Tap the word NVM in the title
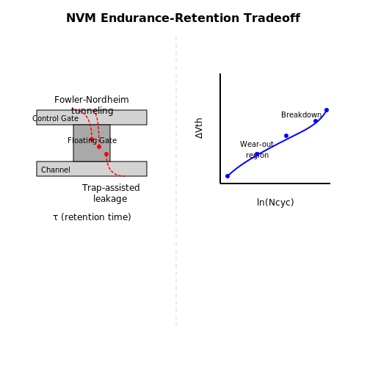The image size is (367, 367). tap(81, 18)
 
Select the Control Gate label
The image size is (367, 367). tap(56, 118)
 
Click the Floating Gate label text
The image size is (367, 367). tap(92, 140)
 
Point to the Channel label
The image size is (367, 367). tap(56, 170)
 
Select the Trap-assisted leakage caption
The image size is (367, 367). tap(111, 193)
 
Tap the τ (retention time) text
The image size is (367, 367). tap(92, 217)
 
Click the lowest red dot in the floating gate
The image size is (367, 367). tap(106, 154)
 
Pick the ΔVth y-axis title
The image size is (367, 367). tap(199, 128)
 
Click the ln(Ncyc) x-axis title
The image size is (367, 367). tap(275, 203)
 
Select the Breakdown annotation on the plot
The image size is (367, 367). tap(301, 115)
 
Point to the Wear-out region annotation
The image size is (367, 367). tap(257, 150)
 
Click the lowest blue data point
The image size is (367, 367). tap(228, 176)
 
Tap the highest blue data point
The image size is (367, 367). tap(327, 110)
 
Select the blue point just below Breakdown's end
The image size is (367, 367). tap(316, 121)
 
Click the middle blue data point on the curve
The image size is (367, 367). tap(286, 136)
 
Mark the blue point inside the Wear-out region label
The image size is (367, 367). tap(257, 154)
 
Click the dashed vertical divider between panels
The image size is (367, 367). tap(176, 181)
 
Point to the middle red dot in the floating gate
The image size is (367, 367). tap(99, 147)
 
